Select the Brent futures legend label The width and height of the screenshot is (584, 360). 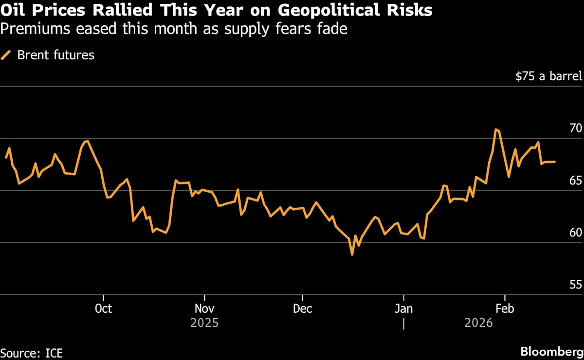55,55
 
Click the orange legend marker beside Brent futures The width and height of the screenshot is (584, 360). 6,55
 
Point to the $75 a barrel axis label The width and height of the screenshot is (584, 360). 548,76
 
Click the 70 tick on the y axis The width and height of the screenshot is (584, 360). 575,128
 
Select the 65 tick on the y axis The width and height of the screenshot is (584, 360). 575,180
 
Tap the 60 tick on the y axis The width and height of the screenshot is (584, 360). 575,233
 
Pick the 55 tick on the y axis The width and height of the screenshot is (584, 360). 575,285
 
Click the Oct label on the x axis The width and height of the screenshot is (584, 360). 103,309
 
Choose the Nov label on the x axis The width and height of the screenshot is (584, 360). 204,309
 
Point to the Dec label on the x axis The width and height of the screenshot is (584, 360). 303,309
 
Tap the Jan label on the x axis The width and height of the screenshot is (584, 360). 403,309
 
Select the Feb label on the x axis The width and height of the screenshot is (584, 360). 504,309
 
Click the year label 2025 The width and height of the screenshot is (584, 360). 204,323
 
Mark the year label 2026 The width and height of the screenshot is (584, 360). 479,323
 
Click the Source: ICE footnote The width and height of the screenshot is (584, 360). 31,352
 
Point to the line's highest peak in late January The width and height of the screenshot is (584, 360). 495,129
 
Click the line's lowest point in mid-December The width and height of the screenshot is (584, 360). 352,254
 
